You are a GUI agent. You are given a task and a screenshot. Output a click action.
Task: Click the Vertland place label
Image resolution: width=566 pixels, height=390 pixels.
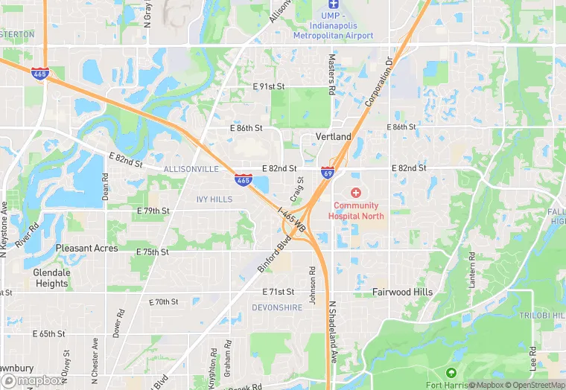tap(333, 137)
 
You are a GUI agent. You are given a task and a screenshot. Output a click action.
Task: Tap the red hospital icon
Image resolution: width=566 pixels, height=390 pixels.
tap(356, 193)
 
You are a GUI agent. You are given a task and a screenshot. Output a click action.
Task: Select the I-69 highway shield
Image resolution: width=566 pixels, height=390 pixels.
tap(327, 172)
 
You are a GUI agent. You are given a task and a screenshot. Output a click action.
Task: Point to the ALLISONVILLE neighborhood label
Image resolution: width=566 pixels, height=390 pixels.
tap(191, 170)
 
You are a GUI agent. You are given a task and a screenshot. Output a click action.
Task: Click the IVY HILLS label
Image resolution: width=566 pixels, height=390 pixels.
tap(214, 200)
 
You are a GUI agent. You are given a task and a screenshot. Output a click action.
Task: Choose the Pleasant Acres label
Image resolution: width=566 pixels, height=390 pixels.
tap(86, 248)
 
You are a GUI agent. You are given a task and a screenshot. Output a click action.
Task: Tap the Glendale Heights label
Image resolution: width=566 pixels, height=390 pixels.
tap(51, 278)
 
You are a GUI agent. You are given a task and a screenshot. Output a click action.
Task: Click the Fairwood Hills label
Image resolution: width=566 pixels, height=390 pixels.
tap(402, 292)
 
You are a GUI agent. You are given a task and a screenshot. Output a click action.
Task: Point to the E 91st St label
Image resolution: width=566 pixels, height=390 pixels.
tap(269, 86)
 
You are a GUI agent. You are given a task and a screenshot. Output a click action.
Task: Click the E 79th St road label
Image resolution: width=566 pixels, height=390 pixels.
tap(153, 211)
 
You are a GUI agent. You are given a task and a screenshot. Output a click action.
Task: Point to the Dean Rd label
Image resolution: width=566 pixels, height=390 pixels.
tap(105, 189)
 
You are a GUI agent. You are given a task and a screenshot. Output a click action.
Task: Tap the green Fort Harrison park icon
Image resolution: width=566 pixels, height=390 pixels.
tap(450, 372)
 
